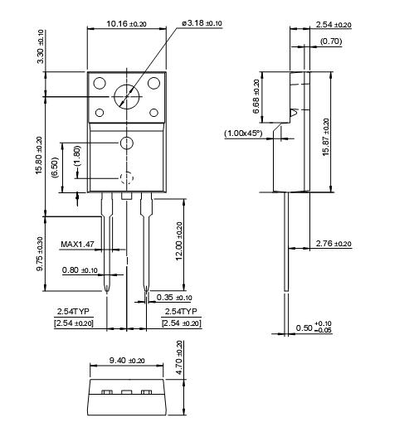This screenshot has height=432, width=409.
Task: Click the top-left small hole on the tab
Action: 100,83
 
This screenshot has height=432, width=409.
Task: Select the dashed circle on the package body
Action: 126,177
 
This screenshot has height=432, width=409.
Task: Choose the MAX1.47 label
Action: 79,245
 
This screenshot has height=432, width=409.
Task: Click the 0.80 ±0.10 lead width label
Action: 80,269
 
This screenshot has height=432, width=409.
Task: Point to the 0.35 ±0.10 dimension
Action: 173,298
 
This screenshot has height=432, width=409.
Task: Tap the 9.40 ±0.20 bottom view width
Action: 127,361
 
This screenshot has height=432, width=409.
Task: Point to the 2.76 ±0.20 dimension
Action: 334,244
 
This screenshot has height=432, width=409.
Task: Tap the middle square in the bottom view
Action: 127,392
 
